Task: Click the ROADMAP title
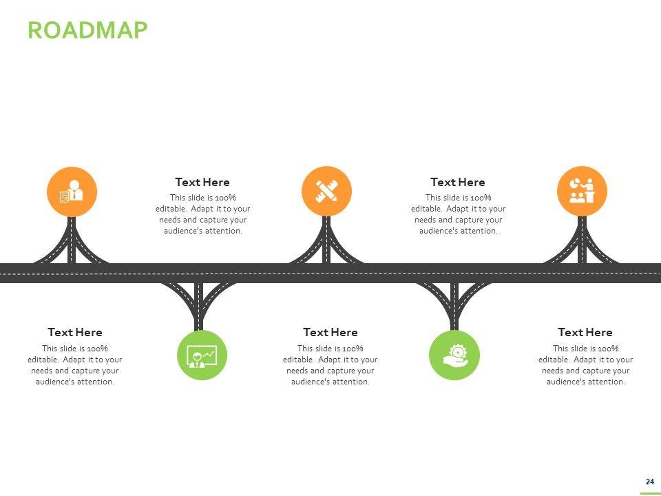tap(87, 30)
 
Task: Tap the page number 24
tap(649, 482)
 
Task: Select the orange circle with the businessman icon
tap(72, 192)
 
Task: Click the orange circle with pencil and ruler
tap(326, 191)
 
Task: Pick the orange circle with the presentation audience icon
tap(582, 191)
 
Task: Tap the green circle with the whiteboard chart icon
tap(202, 355)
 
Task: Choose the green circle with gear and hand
tap(454, 355)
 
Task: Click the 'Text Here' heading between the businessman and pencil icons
tap(202, 182)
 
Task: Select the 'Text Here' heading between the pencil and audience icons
tap(458, 182)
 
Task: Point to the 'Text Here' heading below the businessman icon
tap(75, 332)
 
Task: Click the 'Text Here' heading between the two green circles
tap(330, 332)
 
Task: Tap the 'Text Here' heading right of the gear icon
tap(585, 332)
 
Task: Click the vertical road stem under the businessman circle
tap(72, 240)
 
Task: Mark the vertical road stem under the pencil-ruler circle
tap(326, 240)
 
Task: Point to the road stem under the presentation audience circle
tap(582, 240)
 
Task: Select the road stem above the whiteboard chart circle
tap(198, 307)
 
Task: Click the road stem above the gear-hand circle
tap(454, 307)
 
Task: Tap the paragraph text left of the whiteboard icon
tap(75, 365)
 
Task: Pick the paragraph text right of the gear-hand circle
tap(585, 365)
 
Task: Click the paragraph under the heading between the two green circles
tap(330, 365)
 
